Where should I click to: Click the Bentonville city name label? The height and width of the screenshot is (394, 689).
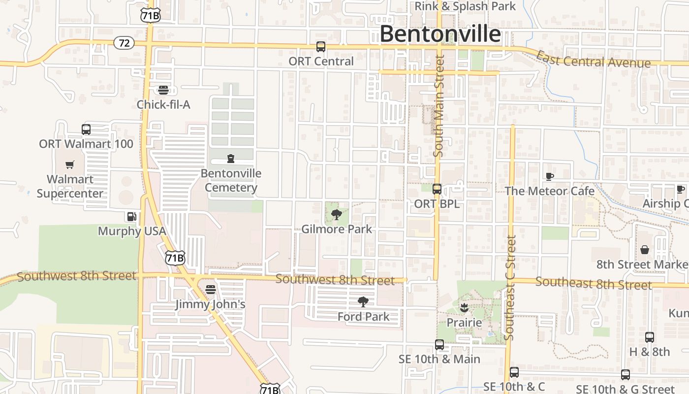click(440, 34)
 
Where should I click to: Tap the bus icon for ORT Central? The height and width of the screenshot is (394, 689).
click(321, 47)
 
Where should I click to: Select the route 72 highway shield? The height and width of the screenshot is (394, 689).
click(124, 43)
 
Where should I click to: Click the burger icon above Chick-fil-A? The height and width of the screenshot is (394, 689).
click(163, 90)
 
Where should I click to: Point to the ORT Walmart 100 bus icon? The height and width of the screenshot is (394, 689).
click(86, 130)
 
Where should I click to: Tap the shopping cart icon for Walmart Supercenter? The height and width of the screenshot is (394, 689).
click(70, 164)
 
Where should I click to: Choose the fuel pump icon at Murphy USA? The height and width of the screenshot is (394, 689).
click(131, 217)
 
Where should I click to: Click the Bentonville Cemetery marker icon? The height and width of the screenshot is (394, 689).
click(230, 159)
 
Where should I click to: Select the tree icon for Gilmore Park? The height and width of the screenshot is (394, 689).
click(337, 214)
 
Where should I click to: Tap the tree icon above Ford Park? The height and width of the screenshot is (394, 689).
click(363, 302)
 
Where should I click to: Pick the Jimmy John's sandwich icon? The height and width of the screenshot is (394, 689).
click(211, 289)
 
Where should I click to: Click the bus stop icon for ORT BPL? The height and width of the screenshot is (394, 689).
click(437, 189)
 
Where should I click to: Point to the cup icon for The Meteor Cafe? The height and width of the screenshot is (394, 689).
click(550, 176)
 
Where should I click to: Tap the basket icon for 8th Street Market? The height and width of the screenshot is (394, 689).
click(645, 250)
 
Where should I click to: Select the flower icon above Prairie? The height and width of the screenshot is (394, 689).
click(463, 308)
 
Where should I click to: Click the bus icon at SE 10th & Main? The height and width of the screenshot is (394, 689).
click(439, 345)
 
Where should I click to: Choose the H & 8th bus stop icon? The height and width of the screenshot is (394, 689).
click(650, 337)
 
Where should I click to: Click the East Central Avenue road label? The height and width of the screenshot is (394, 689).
click(593, 60)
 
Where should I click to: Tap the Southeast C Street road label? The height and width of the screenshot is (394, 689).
click(510, 288)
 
